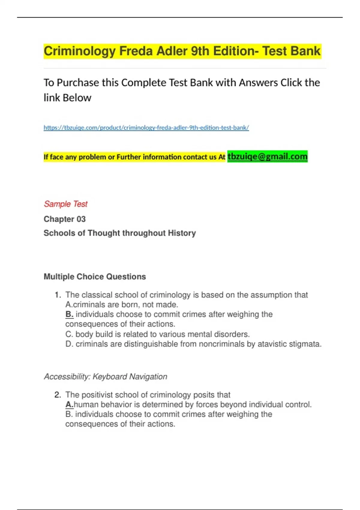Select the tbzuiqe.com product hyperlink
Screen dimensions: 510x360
click(x=146, y=127)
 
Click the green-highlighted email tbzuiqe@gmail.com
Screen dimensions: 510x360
click(x=267, y=156)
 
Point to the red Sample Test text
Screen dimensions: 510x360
click(x=65, y=204)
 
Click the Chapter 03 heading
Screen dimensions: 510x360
click(x=64, y=219)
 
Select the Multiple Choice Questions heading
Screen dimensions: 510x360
click(x=95, y=277)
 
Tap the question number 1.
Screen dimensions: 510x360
click(x=57, y=295)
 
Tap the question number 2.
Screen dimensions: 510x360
click(x=57, y=395)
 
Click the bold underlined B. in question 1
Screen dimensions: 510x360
click(x=69, y=314)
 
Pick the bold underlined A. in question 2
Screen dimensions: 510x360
click(x=69, y=405)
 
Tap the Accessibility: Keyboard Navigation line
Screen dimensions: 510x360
click(x=105, y=376)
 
